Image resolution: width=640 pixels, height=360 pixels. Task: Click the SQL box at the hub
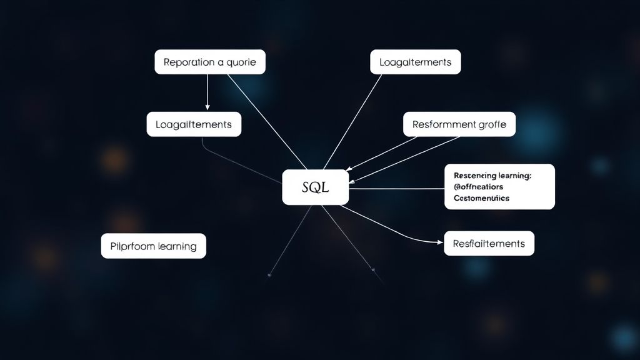pos(315,187)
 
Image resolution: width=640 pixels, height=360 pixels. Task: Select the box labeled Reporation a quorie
pos(209,62)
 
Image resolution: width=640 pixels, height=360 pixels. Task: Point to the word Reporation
pos(187,62)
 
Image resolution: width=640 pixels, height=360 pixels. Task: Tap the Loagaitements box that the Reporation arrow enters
pos(194,124)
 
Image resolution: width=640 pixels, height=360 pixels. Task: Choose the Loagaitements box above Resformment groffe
pos(415,62)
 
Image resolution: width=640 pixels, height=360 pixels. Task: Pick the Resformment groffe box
pos(459,124)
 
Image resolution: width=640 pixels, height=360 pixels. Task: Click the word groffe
pos(491,124)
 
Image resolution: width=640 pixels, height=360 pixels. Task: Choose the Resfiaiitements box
pos(489,243)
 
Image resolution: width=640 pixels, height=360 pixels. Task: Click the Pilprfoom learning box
pos(153,246)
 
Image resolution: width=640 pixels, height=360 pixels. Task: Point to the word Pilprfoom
pos(132,246)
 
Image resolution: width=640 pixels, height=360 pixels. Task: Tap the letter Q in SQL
pos(315,187)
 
